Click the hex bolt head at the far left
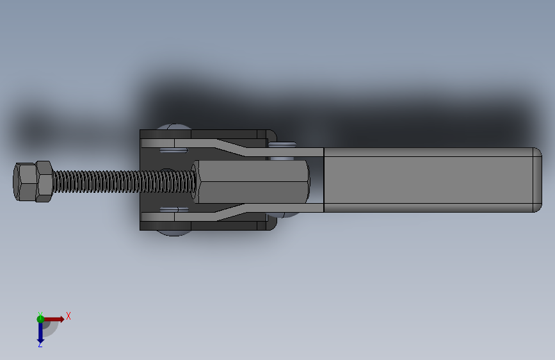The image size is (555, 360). [x=24, y=182]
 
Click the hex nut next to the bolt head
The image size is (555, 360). [x=44, y=181]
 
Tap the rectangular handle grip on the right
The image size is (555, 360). [x=429, y=181]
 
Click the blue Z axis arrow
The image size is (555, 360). [x=40, y=332]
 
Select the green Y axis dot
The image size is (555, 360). [x=40, y=318]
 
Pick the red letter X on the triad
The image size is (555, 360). [x=68, y=316]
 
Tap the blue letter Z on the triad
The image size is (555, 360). [x=40, y=345]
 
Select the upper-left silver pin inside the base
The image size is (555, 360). [x=172, y=151]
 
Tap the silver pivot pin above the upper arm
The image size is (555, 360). [x=282, y=144]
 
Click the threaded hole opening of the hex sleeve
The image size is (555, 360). [x=307, y=181]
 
